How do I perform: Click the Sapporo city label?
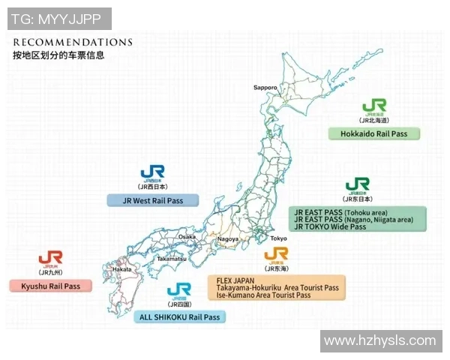click(265, 88)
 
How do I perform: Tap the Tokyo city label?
click(278, 238)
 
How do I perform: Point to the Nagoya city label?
click(227, 239)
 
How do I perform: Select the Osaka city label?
click(187, 237)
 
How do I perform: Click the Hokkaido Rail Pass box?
click(374, 133)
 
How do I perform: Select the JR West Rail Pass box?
click(153, 200)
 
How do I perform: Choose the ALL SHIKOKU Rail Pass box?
click(180, 317)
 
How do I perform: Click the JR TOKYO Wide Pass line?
click(331, 226)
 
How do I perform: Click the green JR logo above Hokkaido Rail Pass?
click(374, 106)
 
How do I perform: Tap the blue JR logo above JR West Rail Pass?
click(151, 172)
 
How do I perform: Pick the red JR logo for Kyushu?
click(50, 259)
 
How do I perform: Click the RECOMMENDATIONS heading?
click(73, 42)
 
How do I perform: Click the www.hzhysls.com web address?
click(379, 340)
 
